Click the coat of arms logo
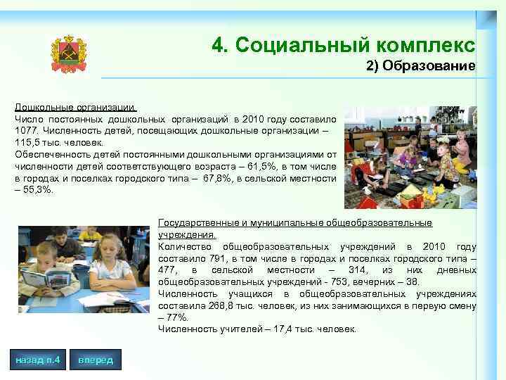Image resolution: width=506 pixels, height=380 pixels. click(x=69, y=53)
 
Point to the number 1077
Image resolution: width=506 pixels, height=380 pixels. click(x=26, y=131)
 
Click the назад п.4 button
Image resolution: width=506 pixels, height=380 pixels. click(x=37, y=360)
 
